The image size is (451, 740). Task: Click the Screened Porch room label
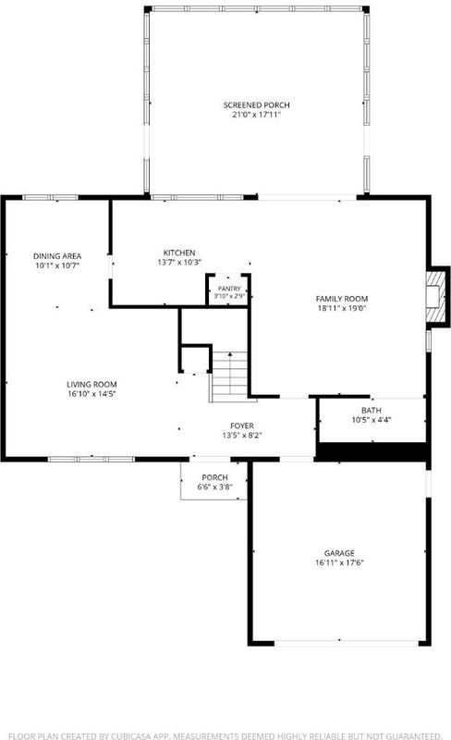[256, 105]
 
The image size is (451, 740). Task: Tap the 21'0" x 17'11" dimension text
[256, 114]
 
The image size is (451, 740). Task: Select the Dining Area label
[57, 256]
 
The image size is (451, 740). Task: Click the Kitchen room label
[179, 253]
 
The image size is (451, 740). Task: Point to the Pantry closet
[229, 290]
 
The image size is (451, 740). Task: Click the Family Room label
[342, 299]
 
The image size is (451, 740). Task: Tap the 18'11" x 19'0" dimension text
[342, 308]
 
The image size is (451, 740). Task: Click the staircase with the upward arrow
[230, 376]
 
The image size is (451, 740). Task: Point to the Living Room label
[91, 384]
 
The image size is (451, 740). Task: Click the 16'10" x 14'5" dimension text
[91, 394]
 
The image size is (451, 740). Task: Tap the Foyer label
[242, 425]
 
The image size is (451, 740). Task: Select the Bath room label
[372, 410]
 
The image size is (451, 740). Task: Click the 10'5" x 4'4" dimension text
[372, 420]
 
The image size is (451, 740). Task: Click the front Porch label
[214, 477]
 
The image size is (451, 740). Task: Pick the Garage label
[339, 552]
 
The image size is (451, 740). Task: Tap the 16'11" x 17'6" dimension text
[339, 562]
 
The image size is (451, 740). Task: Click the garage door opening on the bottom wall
[347, 643]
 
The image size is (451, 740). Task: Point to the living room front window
[91, 459]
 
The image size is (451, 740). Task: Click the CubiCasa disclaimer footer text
[225, 735]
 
